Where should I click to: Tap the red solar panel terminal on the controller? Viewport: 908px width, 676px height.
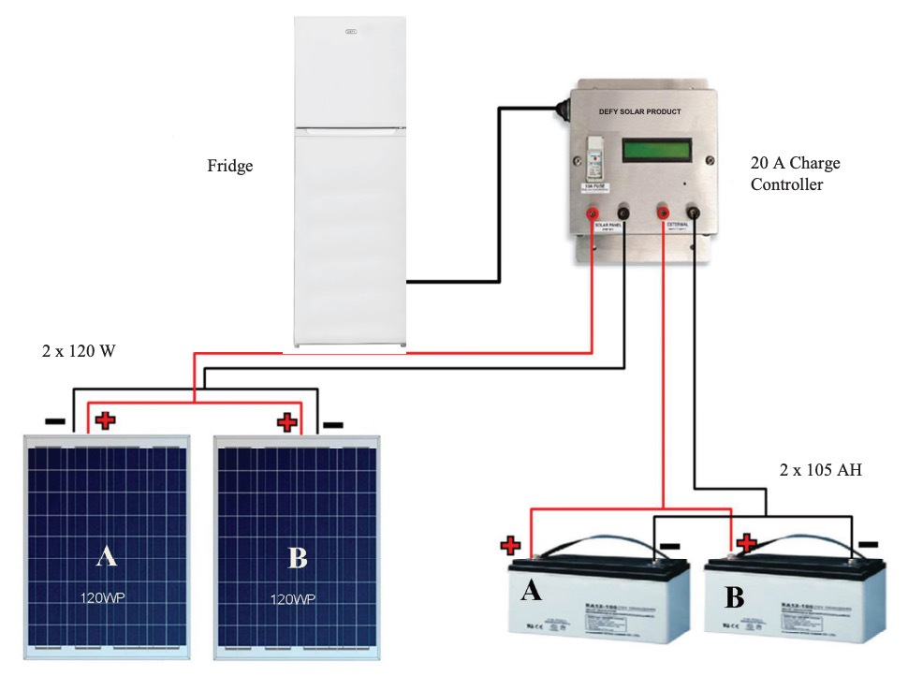593,215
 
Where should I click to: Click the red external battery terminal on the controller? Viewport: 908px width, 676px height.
664,213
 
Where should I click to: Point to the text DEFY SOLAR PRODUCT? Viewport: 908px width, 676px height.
639,112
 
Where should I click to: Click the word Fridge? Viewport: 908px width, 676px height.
230,167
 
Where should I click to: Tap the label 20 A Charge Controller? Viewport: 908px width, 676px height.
796,173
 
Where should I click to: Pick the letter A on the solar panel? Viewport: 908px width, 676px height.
107,558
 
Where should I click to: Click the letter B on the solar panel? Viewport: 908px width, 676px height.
298,559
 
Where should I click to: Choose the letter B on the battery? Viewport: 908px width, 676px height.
735,597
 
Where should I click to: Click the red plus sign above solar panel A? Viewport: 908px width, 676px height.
105,420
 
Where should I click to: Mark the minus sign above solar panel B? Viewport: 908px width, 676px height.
332,424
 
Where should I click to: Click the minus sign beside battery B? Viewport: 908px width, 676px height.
868,543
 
